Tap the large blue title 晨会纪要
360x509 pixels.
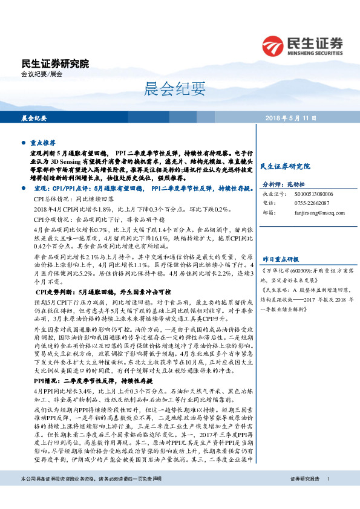(x=167, y=89)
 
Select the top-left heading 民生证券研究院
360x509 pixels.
(x=54, y=63)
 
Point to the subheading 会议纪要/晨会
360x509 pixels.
(x=42, y=74)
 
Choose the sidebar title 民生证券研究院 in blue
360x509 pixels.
(x=284, y=166)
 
